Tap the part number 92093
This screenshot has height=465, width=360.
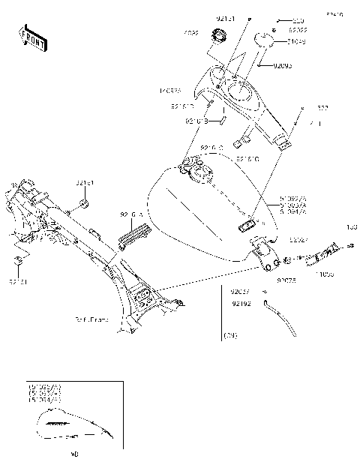point(282,65)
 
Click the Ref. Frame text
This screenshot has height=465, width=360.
point(91,319)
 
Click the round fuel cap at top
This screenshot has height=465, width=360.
point(220,34)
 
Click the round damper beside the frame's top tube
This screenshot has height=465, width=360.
point(85,203)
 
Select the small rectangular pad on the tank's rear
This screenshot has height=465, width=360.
point(248,223)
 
